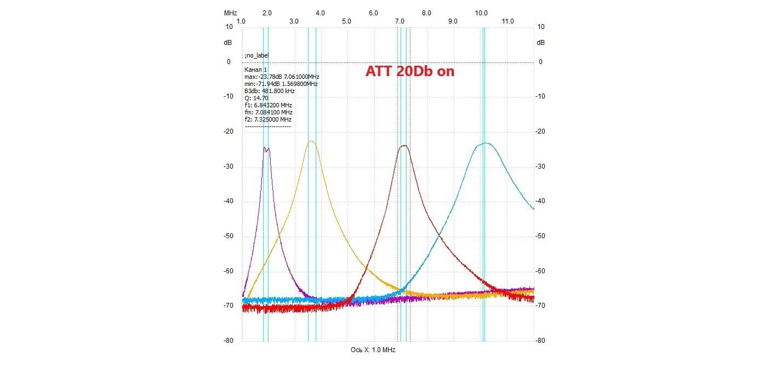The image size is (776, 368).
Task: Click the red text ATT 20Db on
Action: tap(410, 71)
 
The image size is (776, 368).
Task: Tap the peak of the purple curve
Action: tap(266, 148)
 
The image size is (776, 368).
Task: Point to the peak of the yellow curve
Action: tap(311, 141)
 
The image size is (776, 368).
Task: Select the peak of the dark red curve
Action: tap(404, 146)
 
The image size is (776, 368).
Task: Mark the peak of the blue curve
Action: tap(486, 143)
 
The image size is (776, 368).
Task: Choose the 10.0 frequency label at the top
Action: tap(482, 13)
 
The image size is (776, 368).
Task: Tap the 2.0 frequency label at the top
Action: tap(267, 13)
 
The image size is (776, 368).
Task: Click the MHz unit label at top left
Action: tap(230, 13)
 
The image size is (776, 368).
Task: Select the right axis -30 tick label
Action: tap(541, 166)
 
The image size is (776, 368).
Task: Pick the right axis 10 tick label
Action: tap(541, 27)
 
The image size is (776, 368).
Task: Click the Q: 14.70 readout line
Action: tap(256, 98)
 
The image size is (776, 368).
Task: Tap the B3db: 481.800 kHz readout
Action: tap(269, 91)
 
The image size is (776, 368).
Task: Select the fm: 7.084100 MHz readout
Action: tap(268, 112)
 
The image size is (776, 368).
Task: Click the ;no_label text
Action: tap(256, 55)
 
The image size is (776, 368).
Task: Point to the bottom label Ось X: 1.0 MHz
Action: tap(373, 350)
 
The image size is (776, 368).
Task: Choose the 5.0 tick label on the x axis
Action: tap(347, 21)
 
